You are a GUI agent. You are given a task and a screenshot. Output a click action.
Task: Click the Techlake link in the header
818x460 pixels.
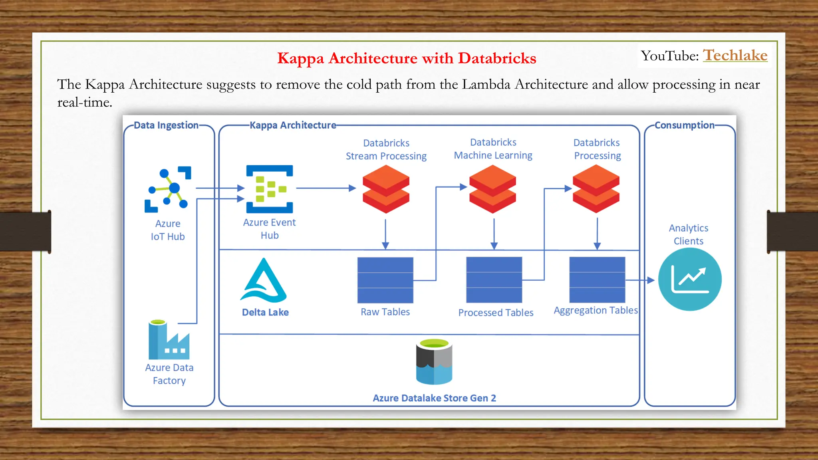tap(735, 55)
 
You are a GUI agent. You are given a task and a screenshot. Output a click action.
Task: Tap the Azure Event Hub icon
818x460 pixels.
tap(270, 189)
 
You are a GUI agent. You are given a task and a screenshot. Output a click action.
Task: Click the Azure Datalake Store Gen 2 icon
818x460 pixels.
tap(434, 362)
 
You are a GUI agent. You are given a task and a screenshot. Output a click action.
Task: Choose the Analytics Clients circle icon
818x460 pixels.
tap(690, 280)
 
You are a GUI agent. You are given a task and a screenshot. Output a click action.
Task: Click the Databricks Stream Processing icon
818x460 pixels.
tap(386, 189)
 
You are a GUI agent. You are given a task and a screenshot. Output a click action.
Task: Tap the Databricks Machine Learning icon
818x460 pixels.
tap(493, 189)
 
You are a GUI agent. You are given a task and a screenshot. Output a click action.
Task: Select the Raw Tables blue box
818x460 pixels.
tap(385, 280)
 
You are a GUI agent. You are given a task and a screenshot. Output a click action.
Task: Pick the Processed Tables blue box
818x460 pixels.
tap(494, 280)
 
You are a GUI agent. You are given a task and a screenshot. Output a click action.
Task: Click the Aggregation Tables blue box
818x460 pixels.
tap(597, 280)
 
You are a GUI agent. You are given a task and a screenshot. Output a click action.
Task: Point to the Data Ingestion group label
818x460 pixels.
tap(166, 125)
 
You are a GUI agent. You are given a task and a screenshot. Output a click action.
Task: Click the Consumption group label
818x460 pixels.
tap(684, 125)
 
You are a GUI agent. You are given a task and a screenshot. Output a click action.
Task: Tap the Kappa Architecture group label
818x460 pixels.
tap(293, 125)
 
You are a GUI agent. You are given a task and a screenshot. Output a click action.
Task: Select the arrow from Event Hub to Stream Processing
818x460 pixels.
tap(326, 188)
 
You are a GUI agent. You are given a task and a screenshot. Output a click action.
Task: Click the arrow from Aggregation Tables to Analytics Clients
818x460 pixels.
tap(640, 280)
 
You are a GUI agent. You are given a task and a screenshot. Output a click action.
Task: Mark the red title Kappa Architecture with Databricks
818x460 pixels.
tap(407, 58)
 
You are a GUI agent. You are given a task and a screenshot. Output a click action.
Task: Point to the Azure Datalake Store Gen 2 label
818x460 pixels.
tap(434, 398)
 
